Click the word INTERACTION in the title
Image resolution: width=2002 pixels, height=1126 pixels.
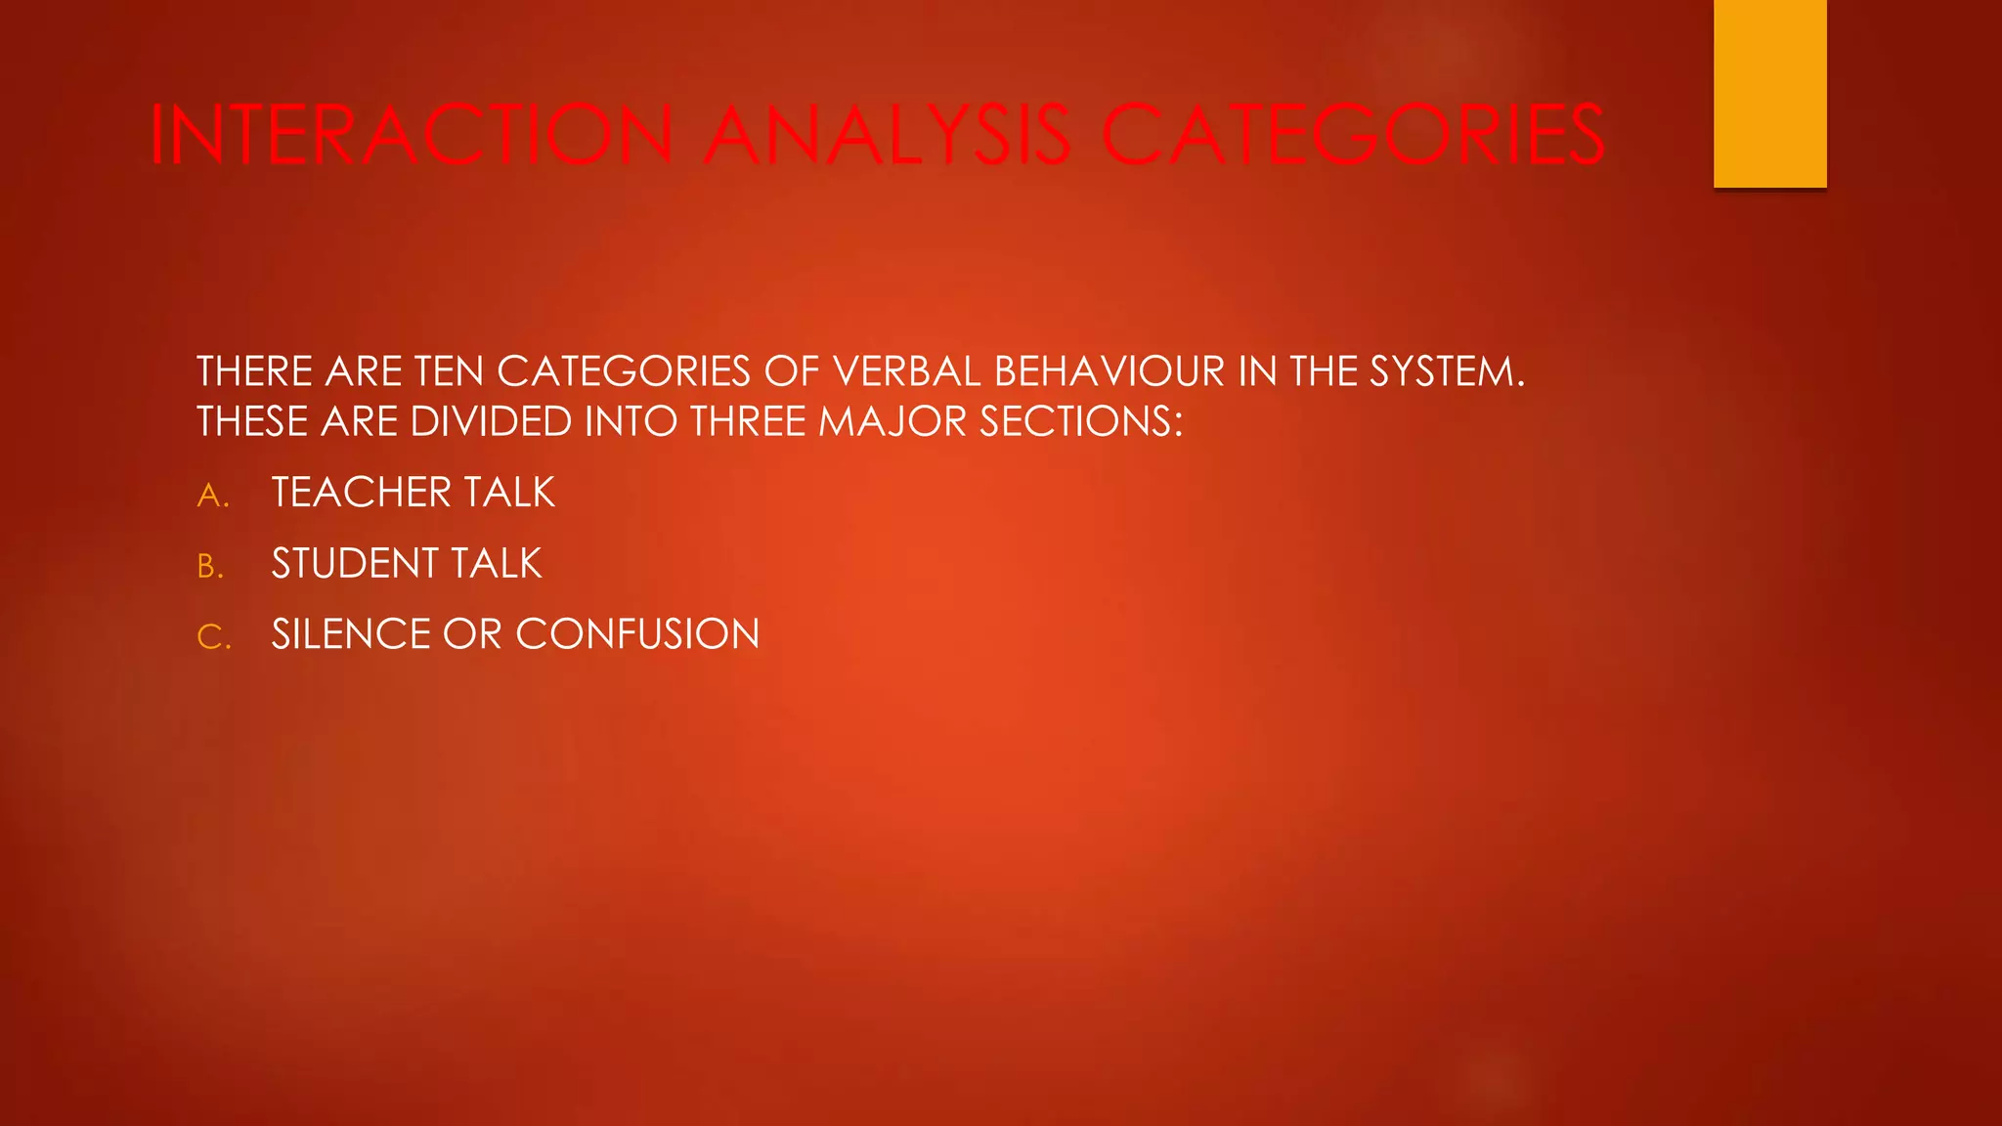pyautogui.click(x=412, y=135)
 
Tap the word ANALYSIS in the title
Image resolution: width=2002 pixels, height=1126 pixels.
pyautogui.click(x=888, y=135)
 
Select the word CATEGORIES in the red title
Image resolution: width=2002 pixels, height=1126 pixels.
pyautogui.click(x=1353, y=135)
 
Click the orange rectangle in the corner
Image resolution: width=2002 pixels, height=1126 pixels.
pyautogui.click(x=1769, y=93)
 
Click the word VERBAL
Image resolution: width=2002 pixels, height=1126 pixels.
pyautogui.click(x=907, y=371)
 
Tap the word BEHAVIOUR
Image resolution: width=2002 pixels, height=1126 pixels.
pyautogui.click(x=1109, y=371)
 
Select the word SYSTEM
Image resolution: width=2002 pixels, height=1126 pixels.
pyautogui.click(x=1446, y=371)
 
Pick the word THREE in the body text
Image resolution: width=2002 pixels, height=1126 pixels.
pyautogui.click(x=748, y=422)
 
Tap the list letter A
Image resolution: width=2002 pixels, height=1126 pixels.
pyautogui.click(x=211, y=496)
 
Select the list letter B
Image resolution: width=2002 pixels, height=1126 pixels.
pyautogui.click(x=209, y=567)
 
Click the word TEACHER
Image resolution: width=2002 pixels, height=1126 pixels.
pyautogui.click(x=361, y=493)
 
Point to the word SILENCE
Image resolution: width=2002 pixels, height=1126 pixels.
pyautogui.click(x=351, y=635)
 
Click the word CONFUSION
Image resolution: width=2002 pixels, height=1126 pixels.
pyautogui.click(x=637, y=635)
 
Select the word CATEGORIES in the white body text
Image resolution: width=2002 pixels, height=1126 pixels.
pyautogui.click(x=624, y=371)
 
